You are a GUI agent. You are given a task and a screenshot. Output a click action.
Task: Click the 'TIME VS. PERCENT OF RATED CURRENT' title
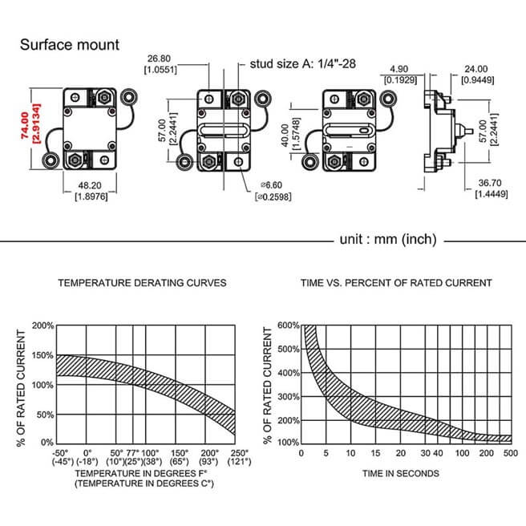(395, 283)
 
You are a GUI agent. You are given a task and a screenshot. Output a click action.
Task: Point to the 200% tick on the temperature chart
(43, 326)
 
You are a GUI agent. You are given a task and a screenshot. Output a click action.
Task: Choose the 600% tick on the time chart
(288, 326)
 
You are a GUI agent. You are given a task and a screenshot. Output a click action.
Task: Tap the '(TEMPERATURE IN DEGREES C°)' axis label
(133, 484)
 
